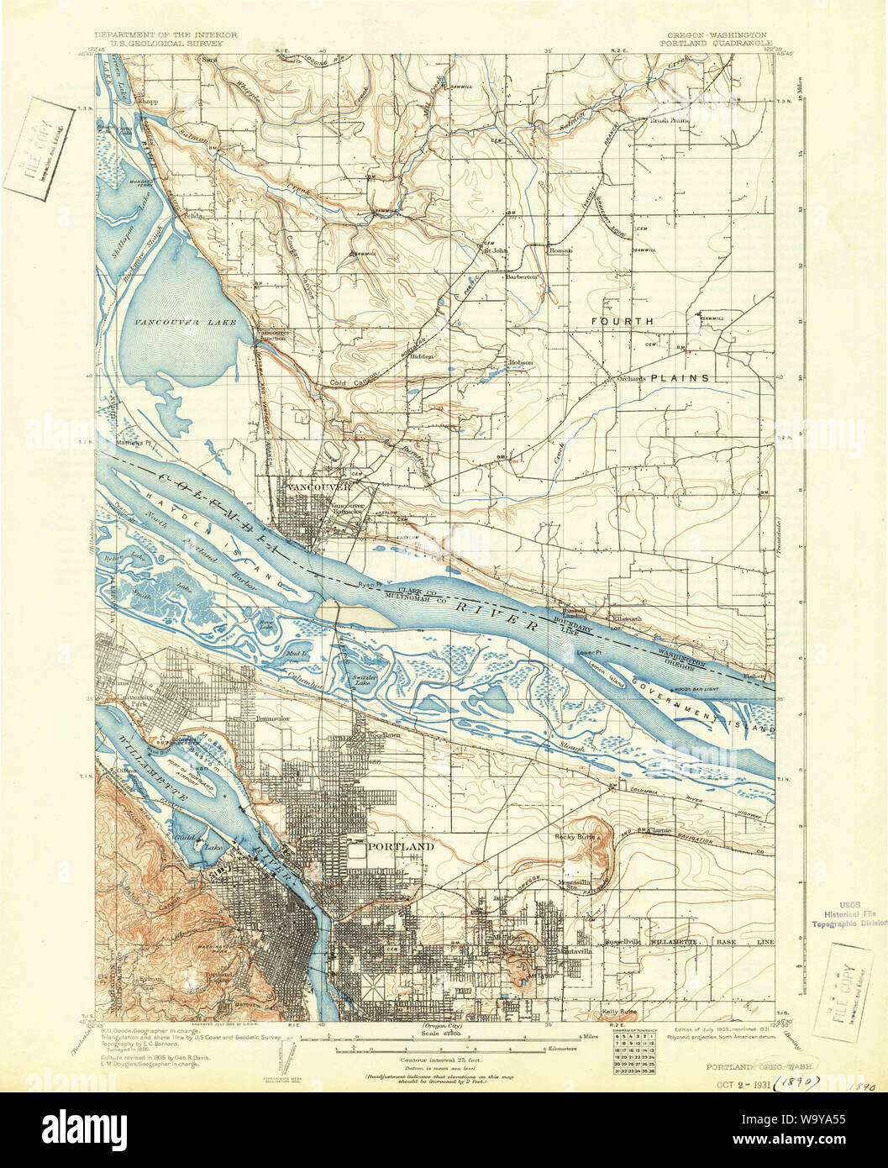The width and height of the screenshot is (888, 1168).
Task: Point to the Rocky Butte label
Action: coord(574,838)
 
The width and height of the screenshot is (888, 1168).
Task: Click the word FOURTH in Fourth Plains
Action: coord(622,322)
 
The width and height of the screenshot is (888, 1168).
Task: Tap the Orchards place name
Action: coord(631,378)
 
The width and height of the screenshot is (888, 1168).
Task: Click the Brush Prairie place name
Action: coord(670,120)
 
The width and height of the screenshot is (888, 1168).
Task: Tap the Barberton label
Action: coord(521,276)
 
